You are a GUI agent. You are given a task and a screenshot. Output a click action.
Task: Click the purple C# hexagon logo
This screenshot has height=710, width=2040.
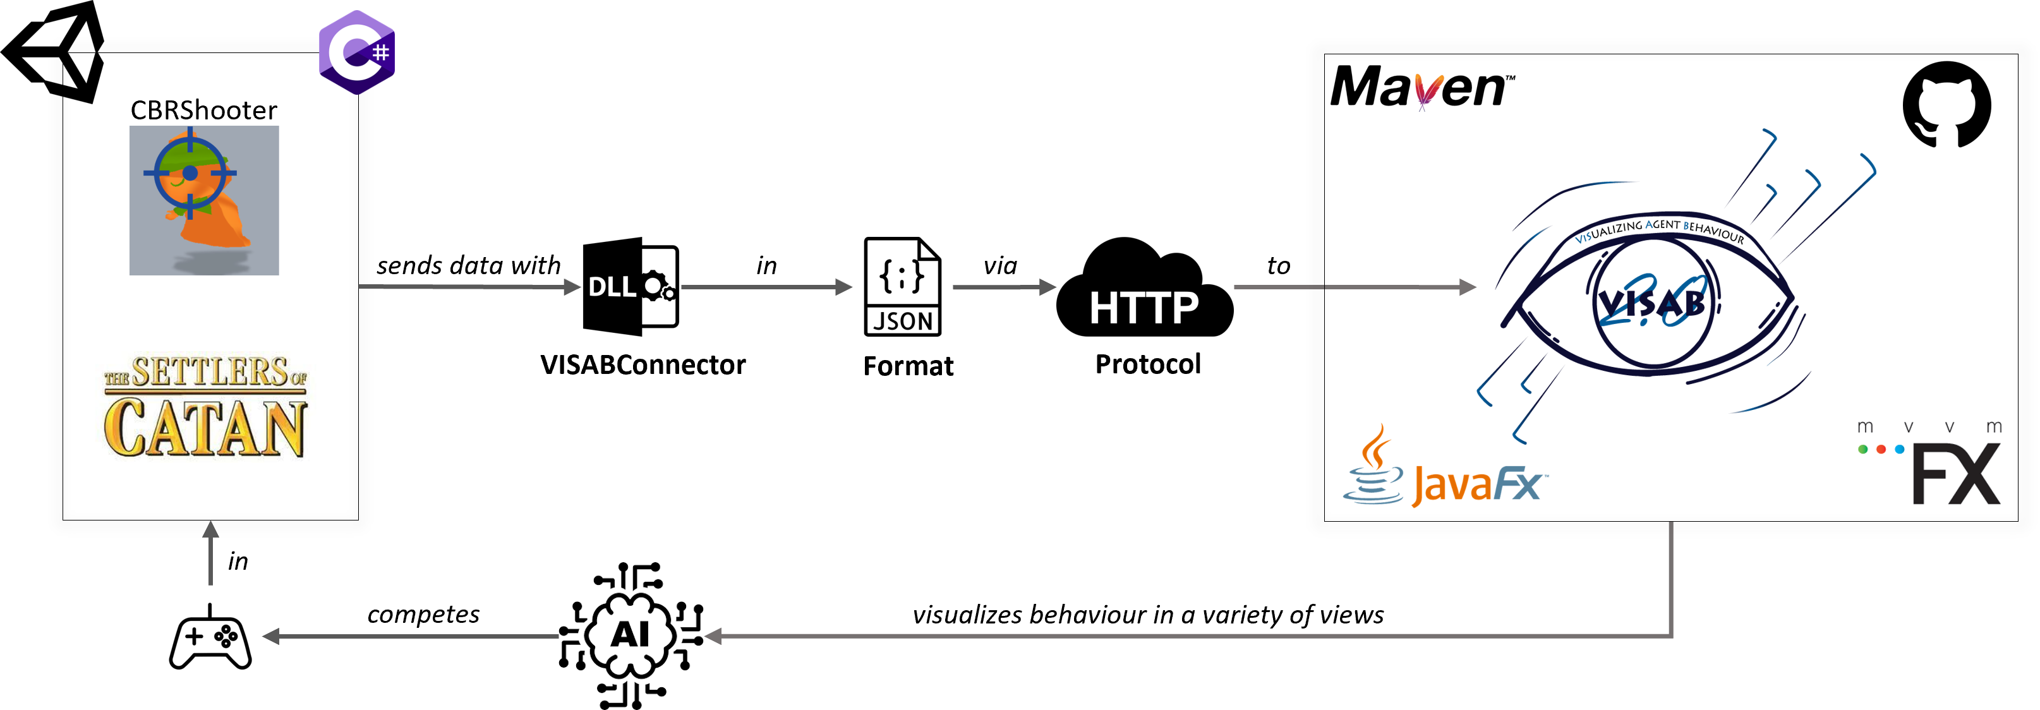356,52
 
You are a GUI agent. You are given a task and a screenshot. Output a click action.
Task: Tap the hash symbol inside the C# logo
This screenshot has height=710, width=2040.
381,53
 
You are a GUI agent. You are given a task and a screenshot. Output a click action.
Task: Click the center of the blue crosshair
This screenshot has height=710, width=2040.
190,172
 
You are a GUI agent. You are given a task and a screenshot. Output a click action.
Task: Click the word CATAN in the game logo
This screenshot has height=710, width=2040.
204,428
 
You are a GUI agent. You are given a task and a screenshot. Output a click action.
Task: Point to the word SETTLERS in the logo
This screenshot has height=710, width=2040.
209,372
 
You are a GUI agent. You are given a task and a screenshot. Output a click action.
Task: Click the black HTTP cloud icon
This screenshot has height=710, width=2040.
1144,291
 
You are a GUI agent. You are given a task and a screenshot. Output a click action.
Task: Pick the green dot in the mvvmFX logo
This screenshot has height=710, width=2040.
1863,450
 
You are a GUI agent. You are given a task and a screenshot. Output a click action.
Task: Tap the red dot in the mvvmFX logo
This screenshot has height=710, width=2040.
1881,450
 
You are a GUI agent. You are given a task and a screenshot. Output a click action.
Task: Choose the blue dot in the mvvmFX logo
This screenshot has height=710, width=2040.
1900,450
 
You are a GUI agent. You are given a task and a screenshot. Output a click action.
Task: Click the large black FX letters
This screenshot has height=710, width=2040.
1956,475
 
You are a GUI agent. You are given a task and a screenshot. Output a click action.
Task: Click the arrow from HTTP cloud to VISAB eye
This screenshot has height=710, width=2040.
1354,287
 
